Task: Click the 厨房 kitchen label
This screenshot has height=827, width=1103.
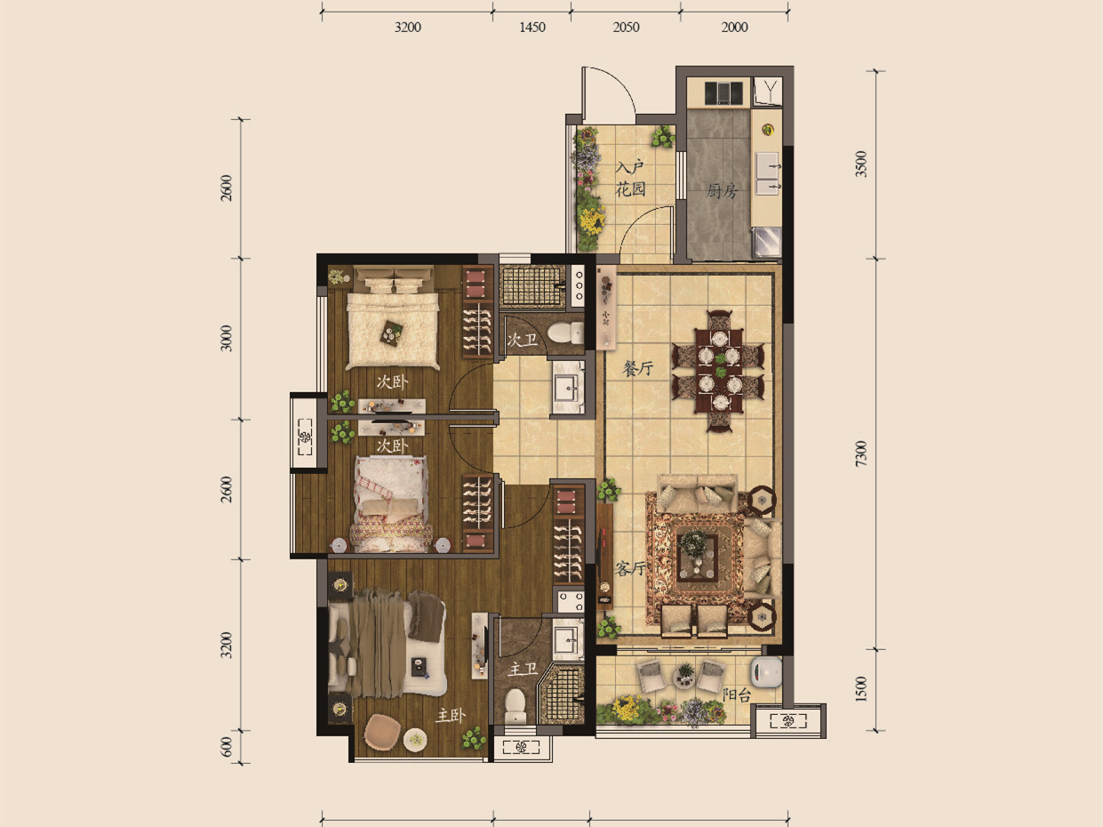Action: coord(721,191)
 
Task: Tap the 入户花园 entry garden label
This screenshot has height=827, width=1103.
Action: coord(631,179)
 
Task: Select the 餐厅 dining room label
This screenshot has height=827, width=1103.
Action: coord(637,368)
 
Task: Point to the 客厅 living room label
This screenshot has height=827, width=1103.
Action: coord(630,568)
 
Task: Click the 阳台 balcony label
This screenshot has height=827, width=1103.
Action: coord(737,695)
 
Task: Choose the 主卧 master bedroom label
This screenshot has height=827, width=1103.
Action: coord(451,715)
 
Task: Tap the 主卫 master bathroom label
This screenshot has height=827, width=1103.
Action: coord(523,669)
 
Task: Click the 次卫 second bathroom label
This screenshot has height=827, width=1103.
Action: coord(523,341)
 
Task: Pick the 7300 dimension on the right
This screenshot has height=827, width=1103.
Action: coord(861,454)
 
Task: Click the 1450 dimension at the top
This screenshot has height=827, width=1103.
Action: coord(532,28)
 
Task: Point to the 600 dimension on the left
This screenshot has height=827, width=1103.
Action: coord(228,747)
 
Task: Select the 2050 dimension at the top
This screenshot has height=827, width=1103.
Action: coord(626,28)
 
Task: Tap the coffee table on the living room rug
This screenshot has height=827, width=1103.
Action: coord(698,556)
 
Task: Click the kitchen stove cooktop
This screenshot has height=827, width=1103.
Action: coord(723,93)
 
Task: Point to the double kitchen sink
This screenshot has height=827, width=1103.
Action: coord(768,173)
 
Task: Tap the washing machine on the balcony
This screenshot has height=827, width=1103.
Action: coord(766,671)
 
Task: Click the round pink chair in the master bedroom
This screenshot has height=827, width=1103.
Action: coord(383,730)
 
